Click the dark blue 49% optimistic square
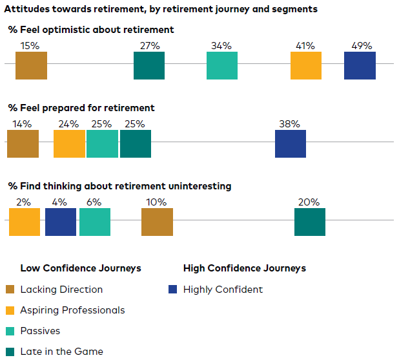pos(360,65)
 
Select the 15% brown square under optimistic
pos(31,65)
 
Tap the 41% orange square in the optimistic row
pos(306,65)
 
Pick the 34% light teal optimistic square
pos(222,65)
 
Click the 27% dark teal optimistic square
pos(149,65)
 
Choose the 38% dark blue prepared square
pos(291,143)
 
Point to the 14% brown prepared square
pos(23,143)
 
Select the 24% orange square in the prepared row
pos(69,143)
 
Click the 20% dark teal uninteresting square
pos(310,222)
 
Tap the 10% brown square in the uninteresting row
pos(157,222)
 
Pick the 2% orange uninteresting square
pos(25,222)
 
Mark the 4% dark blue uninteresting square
pos(61,222)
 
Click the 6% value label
pos(94,202)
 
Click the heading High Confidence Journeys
pos(244,268)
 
